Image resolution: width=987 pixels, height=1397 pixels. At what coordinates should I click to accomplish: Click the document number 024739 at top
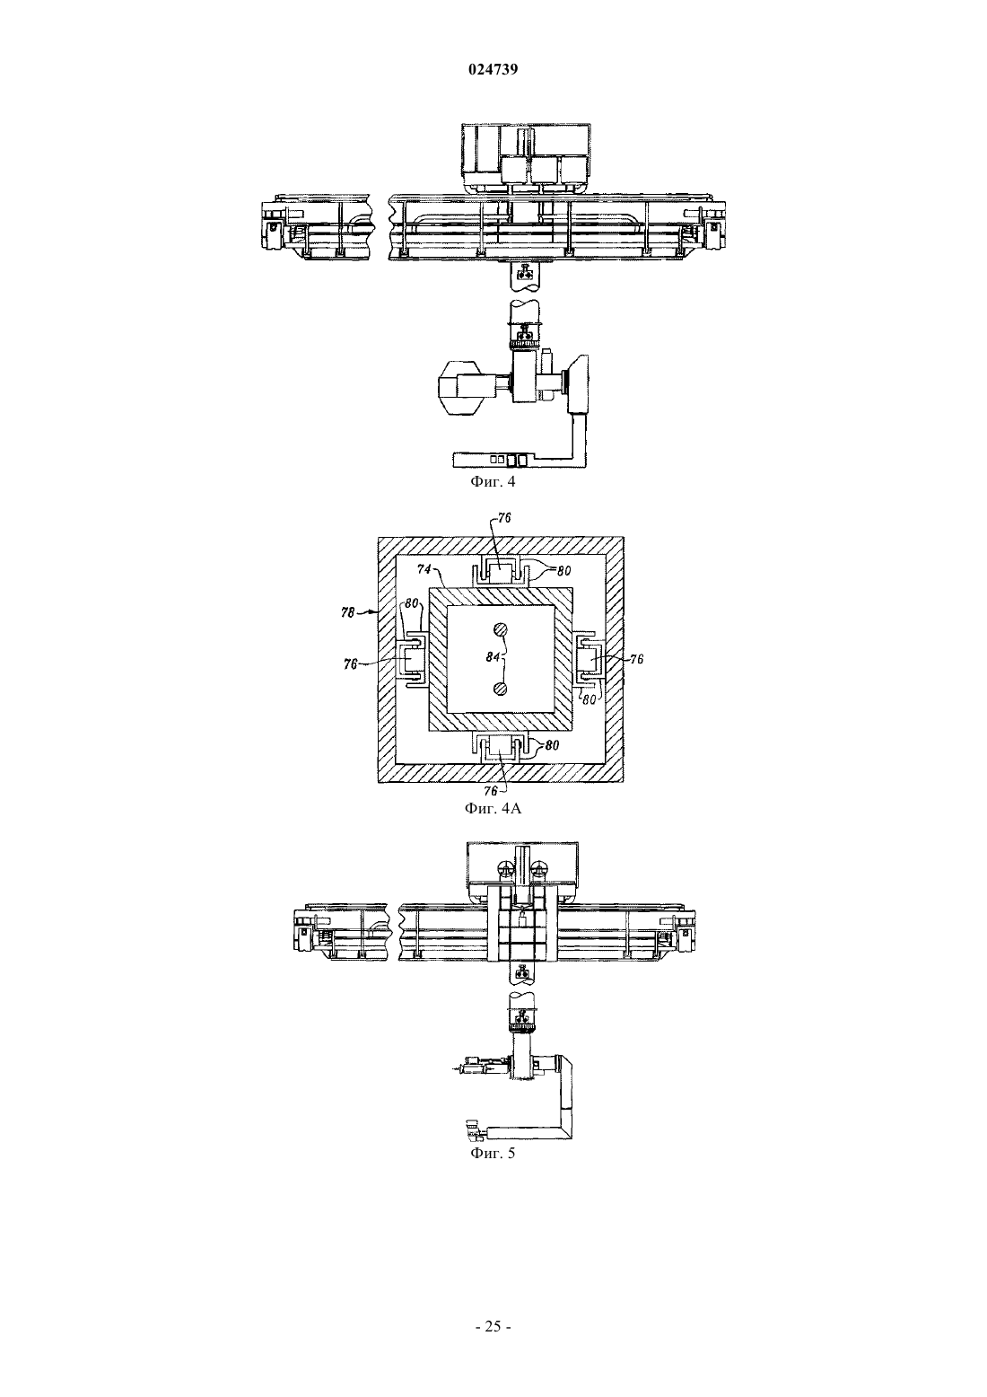pyautogui.click(x=493, y=69)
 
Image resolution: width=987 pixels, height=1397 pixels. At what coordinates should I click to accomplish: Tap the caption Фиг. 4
pyautogui.click(x=493, y=481)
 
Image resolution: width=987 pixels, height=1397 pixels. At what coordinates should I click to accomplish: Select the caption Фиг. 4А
pyautogui.click(x=493, y=808)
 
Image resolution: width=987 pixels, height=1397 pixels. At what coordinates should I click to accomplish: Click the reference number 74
pyautogui.click(x=424, y=569)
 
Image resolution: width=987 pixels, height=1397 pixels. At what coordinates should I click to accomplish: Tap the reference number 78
pyautogui.click(x=348, y=612)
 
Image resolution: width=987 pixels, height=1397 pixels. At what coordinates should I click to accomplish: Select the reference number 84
pyautogui.click(x=493, y=656)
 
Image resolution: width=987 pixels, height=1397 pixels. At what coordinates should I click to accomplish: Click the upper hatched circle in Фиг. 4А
pyautogui.click(x=499, y=630)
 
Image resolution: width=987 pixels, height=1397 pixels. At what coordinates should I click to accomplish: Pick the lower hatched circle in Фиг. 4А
pyautogui.click(x=499, y=689)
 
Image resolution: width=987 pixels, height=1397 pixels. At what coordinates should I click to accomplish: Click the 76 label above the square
pyautogui.click(x=504, y=518)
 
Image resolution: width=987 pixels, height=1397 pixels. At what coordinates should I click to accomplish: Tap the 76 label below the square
pyautogui.click(x=492, y=791)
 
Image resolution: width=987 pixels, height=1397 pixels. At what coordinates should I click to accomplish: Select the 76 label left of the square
pyautogui.click(x=351, y=664)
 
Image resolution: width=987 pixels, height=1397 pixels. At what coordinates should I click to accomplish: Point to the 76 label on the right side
pyautogui.click(x=636, y=659)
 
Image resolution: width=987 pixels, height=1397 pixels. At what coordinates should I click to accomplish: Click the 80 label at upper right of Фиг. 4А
pyautogui.click(x=563, y=570)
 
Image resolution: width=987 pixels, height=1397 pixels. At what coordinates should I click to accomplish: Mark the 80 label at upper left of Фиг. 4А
pyautogui.click(x=411, y=603)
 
